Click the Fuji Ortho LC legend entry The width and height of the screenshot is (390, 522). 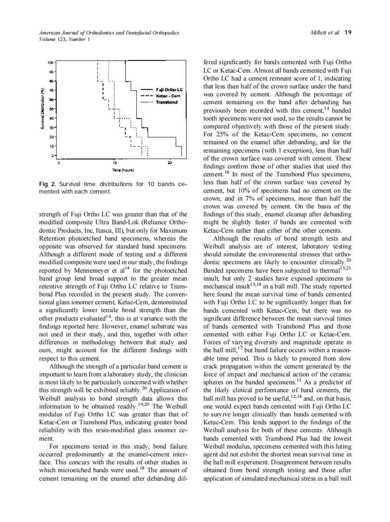(168, 89)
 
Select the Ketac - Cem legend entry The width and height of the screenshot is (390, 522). (168, 95)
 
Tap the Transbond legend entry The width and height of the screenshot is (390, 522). (166, 102)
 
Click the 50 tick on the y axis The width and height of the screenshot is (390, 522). (51, 108)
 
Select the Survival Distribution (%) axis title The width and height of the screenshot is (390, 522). (42, 108)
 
